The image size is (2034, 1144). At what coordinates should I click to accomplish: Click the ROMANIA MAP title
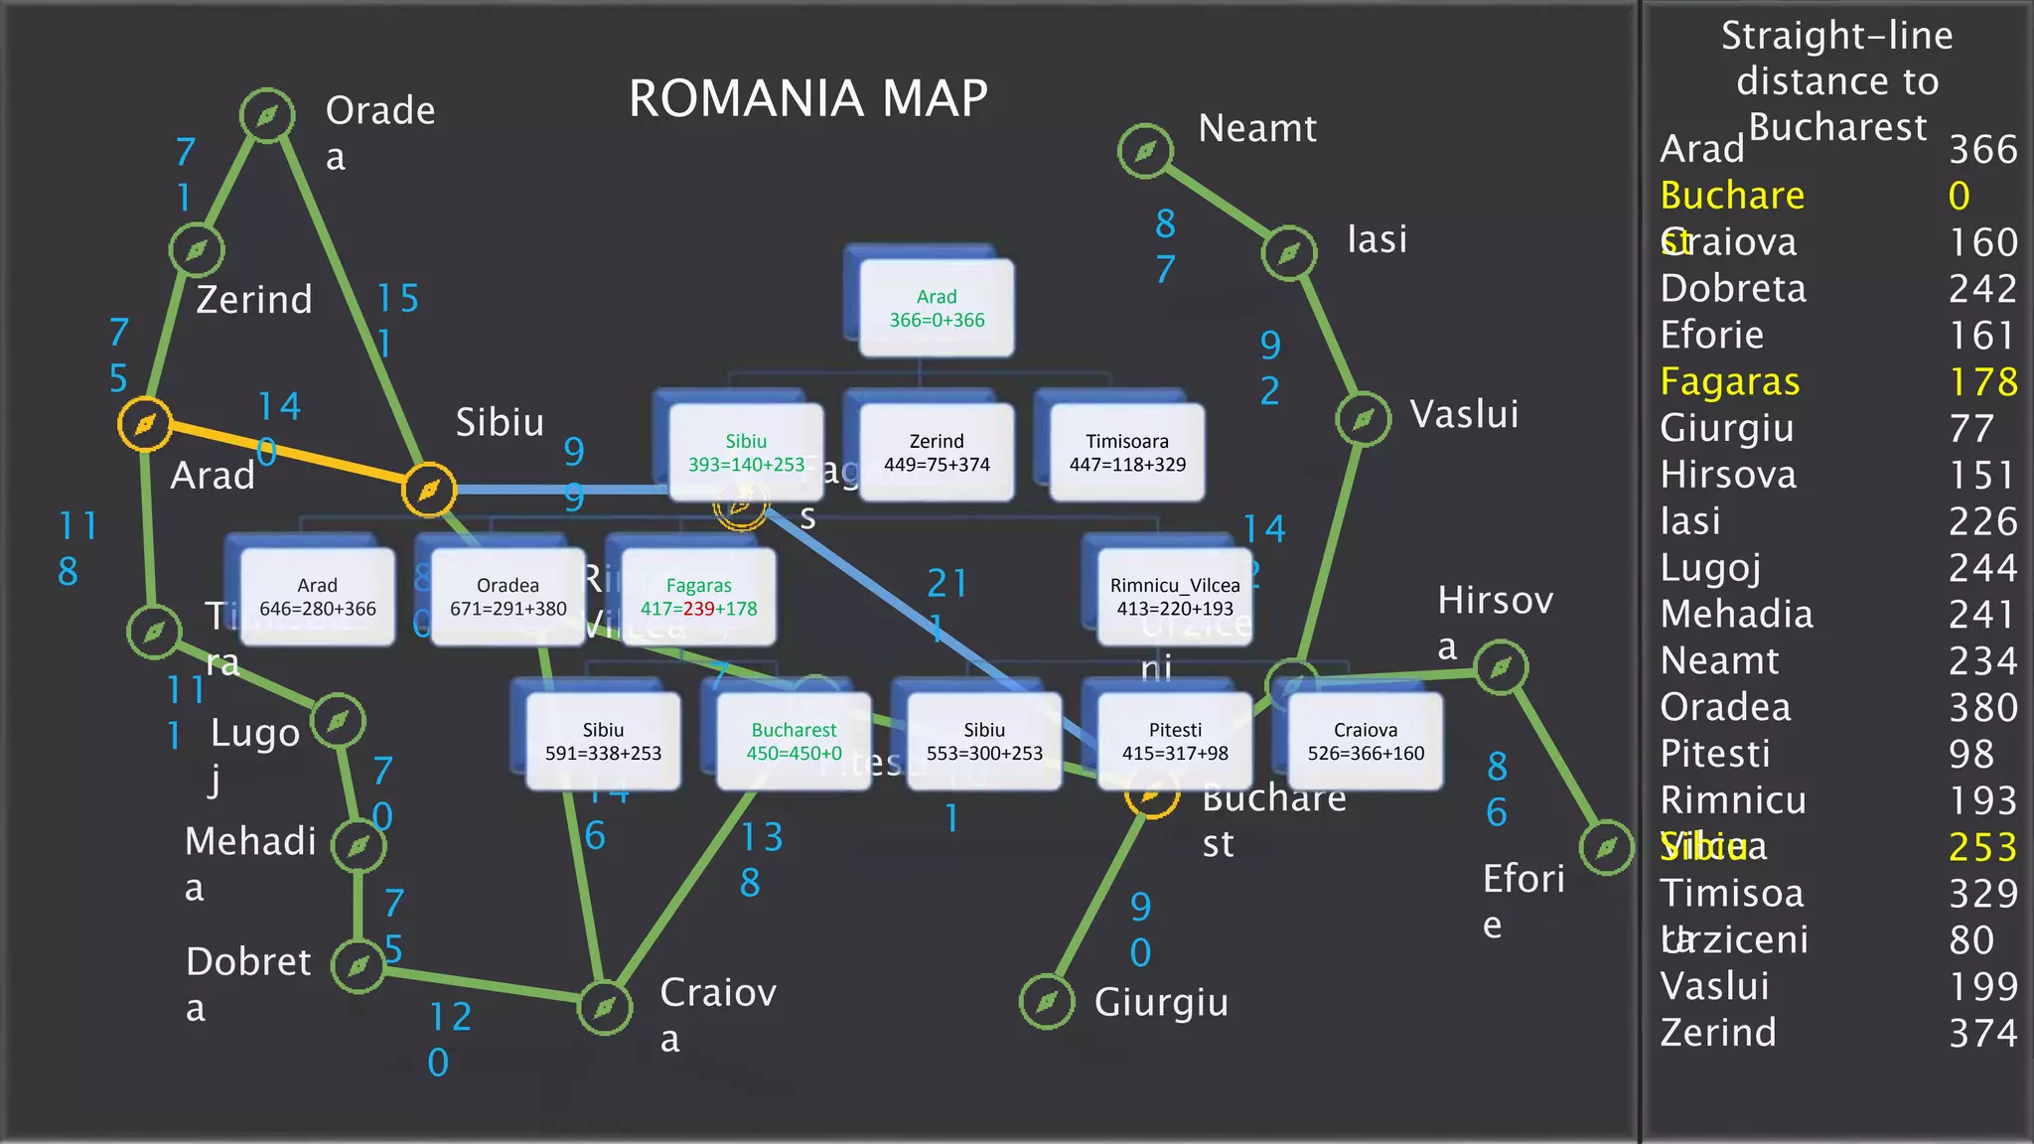pyautogui.click(x=808, y=98)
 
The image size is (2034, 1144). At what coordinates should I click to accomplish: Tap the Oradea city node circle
pyautogui.click(x=267, y=116)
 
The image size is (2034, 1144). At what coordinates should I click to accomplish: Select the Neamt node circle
pyautogui.click(x=1145, y=151)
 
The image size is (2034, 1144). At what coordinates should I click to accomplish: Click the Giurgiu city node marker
pyautogui.click(x=1047, y=1002)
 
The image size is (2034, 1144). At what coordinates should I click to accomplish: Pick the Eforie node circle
pyautogui.click(x=1606, y=848)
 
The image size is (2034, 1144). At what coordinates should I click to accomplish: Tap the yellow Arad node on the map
pyautogui.click(x=145, y=425)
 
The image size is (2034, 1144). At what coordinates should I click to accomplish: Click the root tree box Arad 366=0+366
pyautogui.click(x=937, y=308)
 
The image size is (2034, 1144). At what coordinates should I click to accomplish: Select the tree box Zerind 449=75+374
pyautogui.click(x=937, y=452)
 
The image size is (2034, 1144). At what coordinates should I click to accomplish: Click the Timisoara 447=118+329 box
pyautogui.click(x=1127, y=452)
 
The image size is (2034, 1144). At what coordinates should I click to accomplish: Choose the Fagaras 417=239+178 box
pyautogui.click(x=698, y=597)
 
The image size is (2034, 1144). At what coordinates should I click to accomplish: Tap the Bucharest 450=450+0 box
pyautogui.click(x=794, y=741)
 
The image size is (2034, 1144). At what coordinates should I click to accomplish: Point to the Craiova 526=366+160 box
pyautogui.click(x=1366, y=741)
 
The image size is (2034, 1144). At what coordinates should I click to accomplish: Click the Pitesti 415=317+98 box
pyautogui.click(x=1175, y=741)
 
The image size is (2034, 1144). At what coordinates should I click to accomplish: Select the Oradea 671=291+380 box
pyautogui.click(x=508, y=597)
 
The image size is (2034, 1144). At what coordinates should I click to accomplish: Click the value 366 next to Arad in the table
pyautogui.click(x=1982, y=150)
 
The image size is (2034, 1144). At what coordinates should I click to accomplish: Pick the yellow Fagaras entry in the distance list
pyautogui.click(x=1729, y=382)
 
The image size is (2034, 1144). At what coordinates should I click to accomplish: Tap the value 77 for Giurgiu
pyautogui.click(x=1970, y=429)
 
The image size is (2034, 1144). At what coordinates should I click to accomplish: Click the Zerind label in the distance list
pyautogui.click(x=1718, y=1033)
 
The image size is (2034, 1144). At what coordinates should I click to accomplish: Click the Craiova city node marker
pyautogui.click(x=605, y=1008)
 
